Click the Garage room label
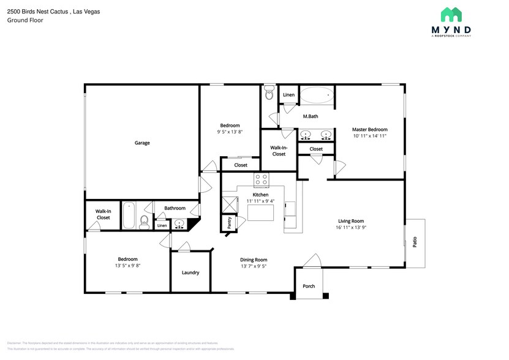pyautogui.click(x=142, y=143)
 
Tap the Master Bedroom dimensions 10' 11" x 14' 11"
pyautogui.click(x=369, y=137)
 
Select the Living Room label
pyautogui.click(x=351, y=221)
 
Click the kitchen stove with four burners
pyautogui.click(x=261, y=179)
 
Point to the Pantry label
pyautogui.click(x=229, y=222)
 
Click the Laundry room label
pyautogui.click(x=190, y=272)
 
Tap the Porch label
pyautogui.click(x=309, y=286)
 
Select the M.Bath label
pyautogui.click(x=310, y=116)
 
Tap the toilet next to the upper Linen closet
pyautogui.click(x=269, y=93)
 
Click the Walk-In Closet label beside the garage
pyautogui.click(x=103, y=214)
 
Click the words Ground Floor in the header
pyautogui.click(x=21, y=20)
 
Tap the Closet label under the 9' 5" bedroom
pyautogui.click(x=241, y=165)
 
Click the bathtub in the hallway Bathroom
pyautogui.click(x=129, y=216)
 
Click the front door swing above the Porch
pyautogui.click(x=311, y=261)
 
